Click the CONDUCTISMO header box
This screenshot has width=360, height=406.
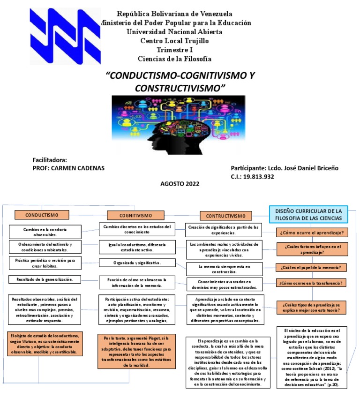42,215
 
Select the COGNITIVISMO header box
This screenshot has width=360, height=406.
135,215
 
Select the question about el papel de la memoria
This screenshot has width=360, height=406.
312,267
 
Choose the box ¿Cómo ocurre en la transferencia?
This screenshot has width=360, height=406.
312,283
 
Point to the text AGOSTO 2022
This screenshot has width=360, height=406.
180,184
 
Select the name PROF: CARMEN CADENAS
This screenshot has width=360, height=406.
69,168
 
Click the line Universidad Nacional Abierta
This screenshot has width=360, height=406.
175,32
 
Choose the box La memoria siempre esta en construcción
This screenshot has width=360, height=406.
225,269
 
